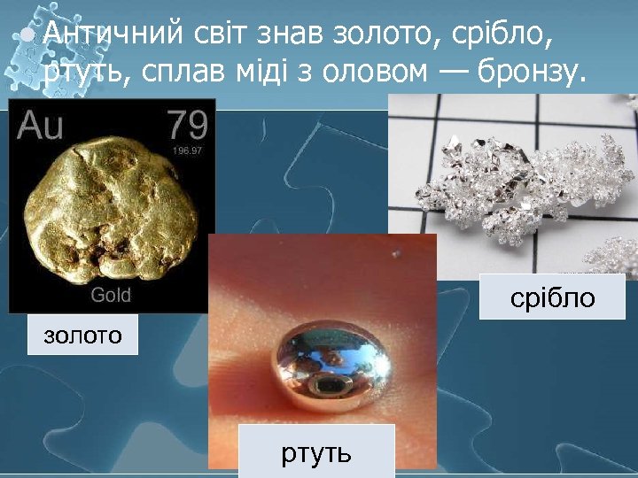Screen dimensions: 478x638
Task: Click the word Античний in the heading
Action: [113, 34]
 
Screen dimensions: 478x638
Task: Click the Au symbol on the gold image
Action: [40, 126]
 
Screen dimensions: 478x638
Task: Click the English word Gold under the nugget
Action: [111, 295]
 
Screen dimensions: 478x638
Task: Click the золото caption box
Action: [82, 335]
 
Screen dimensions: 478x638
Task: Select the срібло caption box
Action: [552, 298]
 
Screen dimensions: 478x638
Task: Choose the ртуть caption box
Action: [316, 453]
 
